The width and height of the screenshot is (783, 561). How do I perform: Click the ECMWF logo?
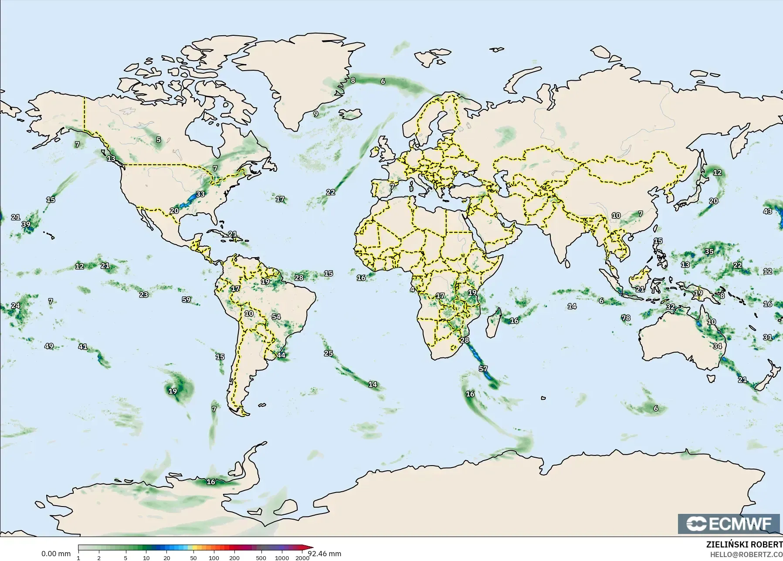click(729, 524)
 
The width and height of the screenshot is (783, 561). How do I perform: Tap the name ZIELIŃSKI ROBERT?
click(744, 545)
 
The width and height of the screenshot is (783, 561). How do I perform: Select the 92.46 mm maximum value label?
click(324, 554)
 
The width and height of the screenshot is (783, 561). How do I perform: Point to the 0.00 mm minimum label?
click(56, 554)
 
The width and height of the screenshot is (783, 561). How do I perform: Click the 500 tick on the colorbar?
click(261, 558)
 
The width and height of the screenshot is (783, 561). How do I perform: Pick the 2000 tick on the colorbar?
click(302, 558)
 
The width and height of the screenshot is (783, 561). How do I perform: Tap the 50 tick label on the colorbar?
click(193, 558)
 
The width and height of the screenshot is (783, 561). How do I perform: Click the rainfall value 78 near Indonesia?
click(626, 318)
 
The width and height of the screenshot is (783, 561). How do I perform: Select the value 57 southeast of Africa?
click(483, 369)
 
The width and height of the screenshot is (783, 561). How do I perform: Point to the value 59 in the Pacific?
click(186, 299)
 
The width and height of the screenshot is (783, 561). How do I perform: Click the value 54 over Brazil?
click(276, 317)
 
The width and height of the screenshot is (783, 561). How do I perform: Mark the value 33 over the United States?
click(200, 194)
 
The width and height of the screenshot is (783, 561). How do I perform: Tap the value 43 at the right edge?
click(767, 211)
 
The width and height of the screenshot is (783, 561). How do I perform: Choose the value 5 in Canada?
click(159, 140)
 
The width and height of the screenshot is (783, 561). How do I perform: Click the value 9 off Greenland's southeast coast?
click(316, 114)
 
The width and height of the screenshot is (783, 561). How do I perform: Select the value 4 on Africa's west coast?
click(412, 289)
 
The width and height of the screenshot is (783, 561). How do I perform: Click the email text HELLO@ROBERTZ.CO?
click(746, 554)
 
